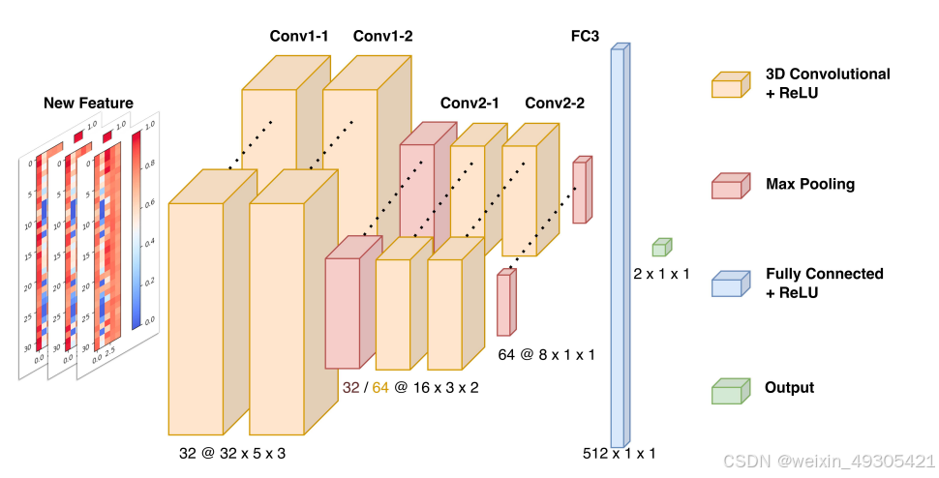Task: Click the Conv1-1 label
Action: click(299, 37)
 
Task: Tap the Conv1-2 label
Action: click(382, 37)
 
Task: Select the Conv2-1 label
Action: click(469, 104)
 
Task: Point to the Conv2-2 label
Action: click(555, 104)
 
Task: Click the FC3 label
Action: click(586, 37)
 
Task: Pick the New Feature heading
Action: click(88, 104)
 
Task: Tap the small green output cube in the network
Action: click(661, 247)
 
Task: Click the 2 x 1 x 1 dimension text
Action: click(661, 274)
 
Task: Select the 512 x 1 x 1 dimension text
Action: click(620, 453)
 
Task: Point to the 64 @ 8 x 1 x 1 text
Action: click(546, 354)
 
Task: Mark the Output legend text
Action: click(789, 388)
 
